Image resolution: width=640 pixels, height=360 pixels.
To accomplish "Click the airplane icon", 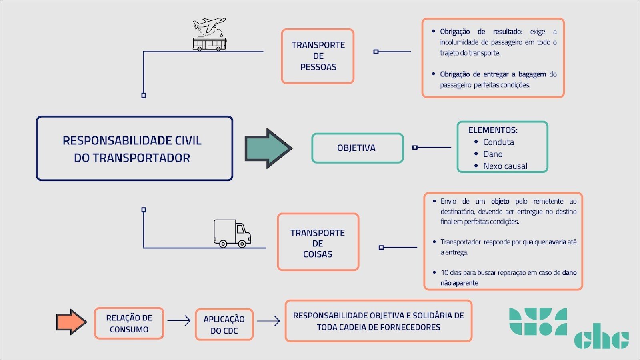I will coord(210,25).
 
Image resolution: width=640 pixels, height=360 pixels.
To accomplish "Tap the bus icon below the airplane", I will coord(210,44).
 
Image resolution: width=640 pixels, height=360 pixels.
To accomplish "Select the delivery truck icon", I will coord(232,233).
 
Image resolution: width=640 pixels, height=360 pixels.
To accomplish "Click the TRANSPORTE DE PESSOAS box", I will coord(318,56).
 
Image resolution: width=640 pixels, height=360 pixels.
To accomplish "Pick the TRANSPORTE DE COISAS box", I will coord(318,242).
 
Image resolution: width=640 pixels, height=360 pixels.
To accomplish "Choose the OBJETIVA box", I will coord(357,148).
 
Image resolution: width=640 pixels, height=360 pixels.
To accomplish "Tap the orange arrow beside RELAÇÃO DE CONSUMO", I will coord(71,322).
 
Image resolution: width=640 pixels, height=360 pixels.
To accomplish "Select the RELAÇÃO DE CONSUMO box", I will coord(129,323).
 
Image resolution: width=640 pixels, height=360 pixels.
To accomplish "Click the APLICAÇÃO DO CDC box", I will coord(224,324).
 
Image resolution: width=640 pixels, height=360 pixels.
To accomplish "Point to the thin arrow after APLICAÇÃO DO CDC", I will coord(268,321).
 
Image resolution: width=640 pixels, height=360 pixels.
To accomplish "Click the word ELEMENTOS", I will coord(492,130).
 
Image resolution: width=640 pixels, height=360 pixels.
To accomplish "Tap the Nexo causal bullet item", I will coord(505,166).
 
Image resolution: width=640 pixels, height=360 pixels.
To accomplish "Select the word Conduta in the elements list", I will coord(498,142).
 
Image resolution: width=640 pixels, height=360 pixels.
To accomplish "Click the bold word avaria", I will coord(557,242).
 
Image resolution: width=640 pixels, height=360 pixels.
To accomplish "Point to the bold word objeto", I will coord(500,201).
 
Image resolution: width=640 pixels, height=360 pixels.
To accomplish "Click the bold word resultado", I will coord(507,32).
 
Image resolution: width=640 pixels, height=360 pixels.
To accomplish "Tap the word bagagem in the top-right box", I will coord(532,74).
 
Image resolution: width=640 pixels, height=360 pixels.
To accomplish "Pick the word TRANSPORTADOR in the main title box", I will coord(141,158).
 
